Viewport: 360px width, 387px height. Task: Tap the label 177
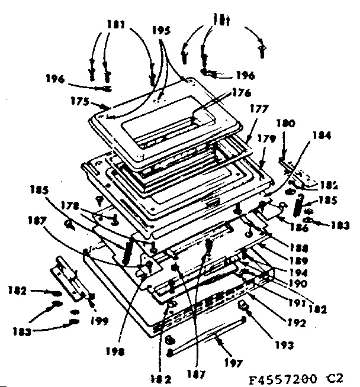tap(259, 109)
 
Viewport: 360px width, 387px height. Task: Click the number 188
tap(297, 247)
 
